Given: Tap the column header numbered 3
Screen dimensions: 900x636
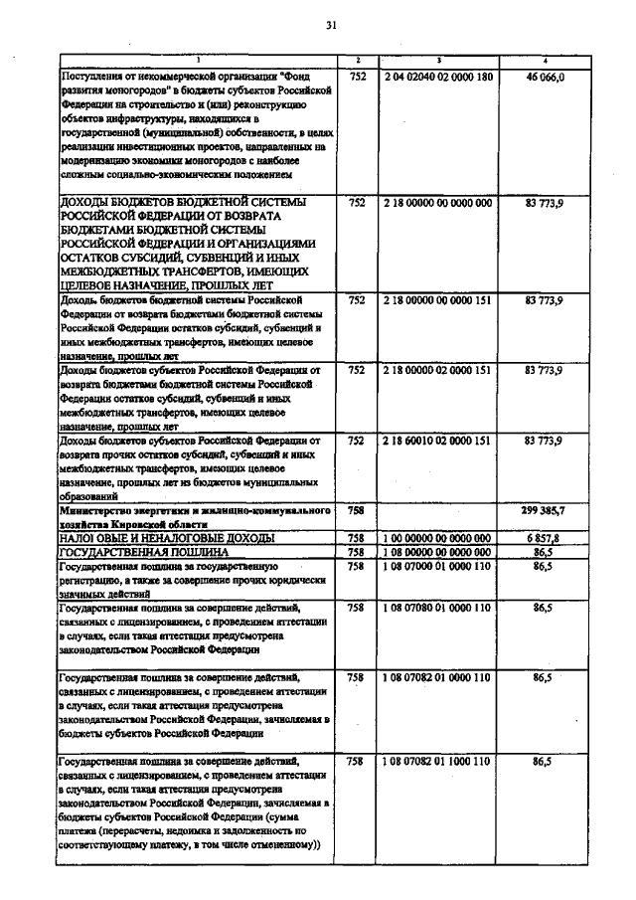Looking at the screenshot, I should pyautogui.click(x=438, y=61).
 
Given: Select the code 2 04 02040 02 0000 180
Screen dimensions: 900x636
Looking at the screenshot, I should pyautogui.click(x=438, y=76).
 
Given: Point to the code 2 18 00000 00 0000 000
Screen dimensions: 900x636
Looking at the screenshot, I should pyautogui.click(x=438, y=202).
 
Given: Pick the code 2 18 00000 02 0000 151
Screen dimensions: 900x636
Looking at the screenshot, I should pyautogui.click(x=438, y=370).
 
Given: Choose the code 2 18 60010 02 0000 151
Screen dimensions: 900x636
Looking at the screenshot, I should pyautogui.click(x=438, y=440).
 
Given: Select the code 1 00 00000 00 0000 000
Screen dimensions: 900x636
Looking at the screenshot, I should pyautogui.click(x=438, y=537).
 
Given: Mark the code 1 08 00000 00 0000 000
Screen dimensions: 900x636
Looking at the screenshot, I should pyautogui.click(x=438, y=551).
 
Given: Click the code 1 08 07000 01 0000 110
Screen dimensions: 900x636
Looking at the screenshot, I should pyautogui.click(x=438, y=565).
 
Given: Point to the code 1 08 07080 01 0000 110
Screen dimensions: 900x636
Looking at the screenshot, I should pyautogui.click(x=438, y=607).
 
